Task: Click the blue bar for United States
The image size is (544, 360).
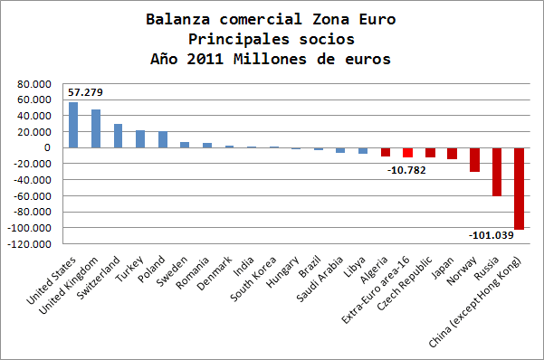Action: [73, 125]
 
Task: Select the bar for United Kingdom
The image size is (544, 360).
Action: [96, 128]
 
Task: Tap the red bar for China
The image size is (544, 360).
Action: [519, 188]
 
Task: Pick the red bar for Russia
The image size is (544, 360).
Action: [497, 172]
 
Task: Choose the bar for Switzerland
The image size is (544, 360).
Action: [118, 136]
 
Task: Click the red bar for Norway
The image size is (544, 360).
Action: [474, 159]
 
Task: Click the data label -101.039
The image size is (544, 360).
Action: [492, 235]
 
